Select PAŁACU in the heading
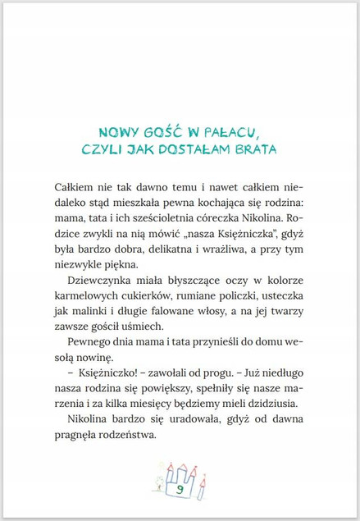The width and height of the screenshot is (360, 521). [x=235, y=132]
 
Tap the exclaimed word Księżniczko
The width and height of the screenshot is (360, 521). [x=101, y=376]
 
